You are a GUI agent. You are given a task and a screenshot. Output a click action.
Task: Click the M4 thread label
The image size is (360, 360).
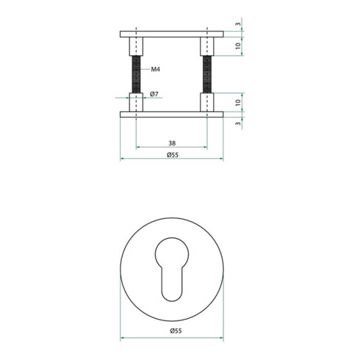tap(156, 70)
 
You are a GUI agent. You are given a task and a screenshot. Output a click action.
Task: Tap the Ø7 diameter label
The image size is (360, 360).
tap(155, 95)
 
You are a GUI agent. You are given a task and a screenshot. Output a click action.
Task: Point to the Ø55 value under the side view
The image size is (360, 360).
tap(170, 155)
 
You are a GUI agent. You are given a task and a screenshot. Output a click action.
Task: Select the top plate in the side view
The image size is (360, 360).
tap(170, 34)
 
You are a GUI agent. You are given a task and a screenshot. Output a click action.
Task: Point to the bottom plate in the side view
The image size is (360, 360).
tap(170, 114)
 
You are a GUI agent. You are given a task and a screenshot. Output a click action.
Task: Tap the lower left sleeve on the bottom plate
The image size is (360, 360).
tap(136, 102)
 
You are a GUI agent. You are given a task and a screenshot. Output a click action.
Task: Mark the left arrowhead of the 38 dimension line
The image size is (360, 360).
tap(138, 148)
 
